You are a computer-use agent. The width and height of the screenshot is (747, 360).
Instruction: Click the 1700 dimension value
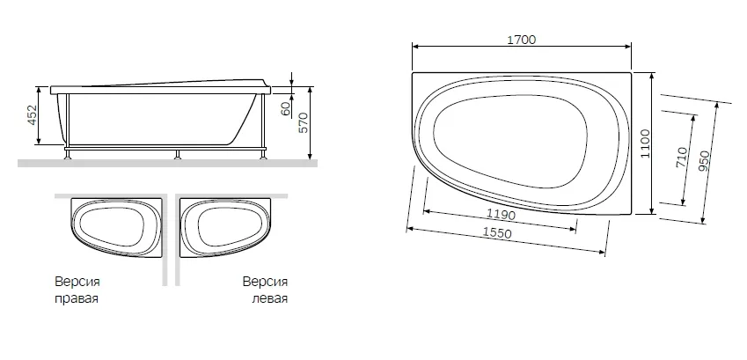tap(522, 40)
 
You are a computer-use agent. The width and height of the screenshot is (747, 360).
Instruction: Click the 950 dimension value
tap(705, 161)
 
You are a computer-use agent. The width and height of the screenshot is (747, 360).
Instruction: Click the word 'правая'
tap(77, 298)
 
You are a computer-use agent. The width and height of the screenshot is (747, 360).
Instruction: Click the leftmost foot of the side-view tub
tap(67, 155)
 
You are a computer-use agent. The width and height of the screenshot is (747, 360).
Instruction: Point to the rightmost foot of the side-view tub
tap(260, 155)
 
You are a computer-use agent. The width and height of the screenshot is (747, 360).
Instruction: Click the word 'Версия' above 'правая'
tap(77, 283)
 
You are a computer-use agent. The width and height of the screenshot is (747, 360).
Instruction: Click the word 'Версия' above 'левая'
tap(264, 283)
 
